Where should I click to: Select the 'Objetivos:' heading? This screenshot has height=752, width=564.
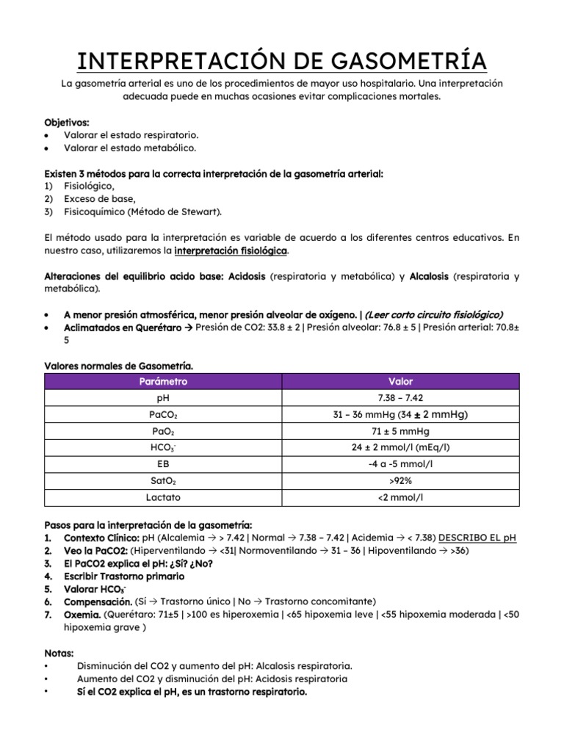[68, 123]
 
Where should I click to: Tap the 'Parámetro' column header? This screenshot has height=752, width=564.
[163, 381]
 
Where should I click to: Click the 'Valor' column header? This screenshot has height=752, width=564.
[400, 381]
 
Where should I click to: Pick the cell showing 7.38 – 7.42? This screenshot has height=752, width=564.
[400, 398]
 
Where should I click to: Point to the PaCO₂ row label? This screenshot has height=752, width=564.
[163, 415]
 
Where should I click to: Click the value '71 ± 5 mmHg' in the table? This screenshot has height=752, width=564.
[400, 431]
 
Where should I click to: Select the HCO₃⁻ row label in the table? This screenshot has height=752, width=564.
[163, 448]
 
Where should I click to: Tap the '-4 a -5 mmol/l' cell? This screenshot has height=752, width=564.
[400, 465]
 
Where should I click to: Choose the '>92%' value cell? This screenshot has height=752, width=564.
[400, 481]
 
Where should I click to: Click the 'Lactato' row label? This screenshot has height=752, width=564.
[163, 498]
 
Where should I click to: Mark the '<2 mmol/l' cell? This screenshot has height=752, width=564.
[400, 498]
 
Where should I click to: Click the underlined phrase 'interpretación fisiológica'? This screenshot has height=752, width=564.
[231, 251]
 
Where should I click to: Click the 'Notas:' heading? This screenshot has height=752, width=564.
[59, 652]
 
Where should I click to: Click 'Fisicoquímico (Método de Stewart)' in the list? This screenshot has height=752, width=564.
[142, 211]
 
